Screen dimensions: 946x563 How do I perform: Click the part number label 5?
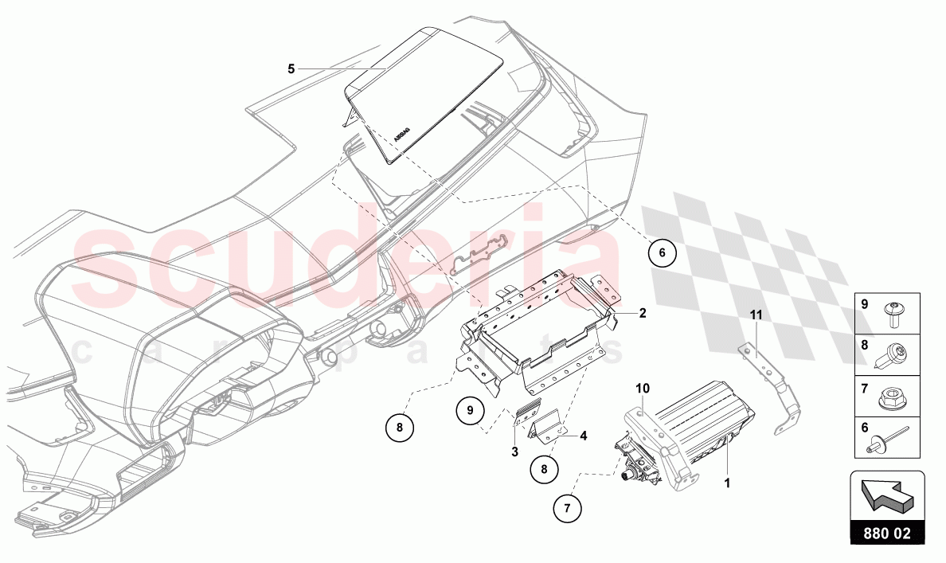[291, 68]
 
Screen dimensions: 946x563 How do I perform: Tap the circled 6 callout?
[662, 252]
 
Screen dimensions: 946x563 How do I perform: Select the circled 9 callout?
[470, 411]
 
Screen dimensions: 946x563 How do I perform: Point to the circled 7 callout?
[567, 508]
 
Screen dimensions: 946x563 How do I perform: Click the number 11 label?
[756, 315]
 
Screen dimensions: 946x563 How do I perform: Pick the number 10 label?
[643, 388]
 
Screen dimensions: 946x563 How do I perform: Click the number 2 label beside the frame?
[643, 313]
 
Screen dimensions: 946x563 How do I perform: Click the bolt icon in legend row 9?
[893, 315]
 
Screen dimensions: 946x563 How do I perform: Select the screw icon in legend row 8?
[893, 356]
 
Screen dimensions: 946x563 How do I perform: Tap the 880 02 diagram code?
[887, 534]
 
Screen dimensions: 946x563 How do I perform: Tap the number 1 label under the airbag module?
[728, 483]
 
